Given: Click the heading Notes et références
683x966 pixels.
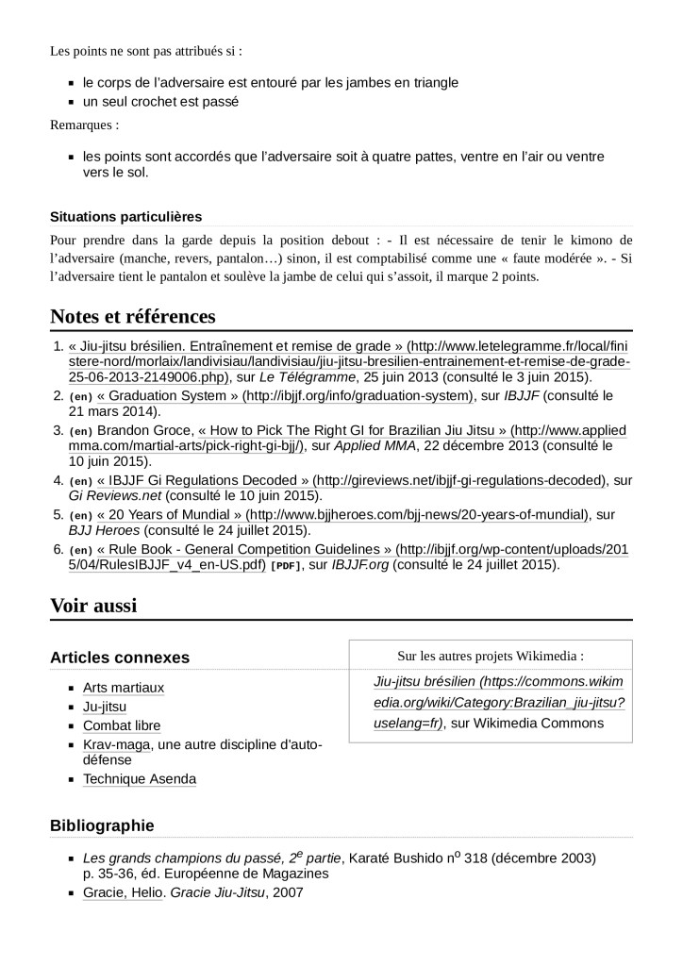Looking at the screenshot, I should pos(133,315).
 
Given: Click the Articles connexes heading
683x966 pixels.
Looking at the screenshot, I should pos(120,658).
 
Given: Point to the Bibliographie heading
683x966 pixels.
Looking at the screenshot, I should pos(102,825).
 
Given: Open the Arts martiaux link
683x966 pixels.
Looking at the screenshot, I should pos(124,688).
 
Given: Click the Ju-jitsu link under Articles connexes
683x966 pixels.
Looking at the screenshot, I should pos(105,707).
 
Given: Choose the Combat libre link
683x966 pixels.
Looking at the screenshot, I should pos(122,725).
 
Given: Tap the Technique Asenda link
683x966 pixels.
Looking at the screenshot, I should pos(140,778).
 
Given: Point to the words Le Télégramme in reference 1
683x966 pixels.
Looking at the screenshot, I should pos(301,376).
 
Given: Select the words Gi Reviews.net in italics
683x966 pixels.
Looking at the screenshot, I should pos(111,495).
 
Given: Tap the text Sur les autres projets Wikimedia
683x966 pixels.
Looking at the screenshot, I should pos(490,656).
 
